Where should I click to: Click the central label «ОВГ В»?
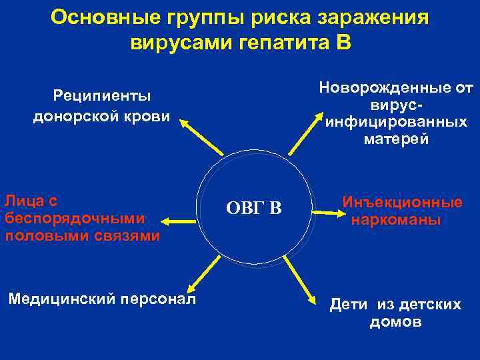(254, 209)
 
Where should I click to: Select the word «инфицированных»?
(396, 123)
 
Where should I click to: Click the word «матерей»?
(396, 140)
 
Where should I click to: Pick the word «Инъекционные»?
(402, 203)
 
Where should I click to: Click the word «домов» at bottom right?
(395, 322)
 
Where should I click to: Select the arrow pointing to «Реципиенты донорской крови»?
(203, 139)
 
